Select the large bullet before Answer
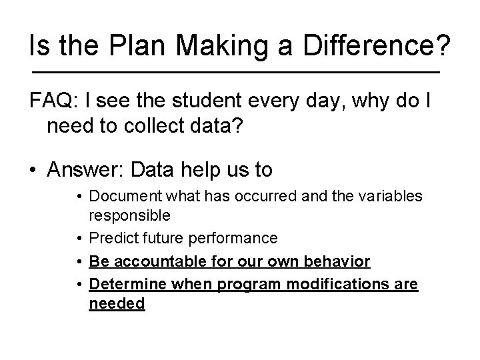pos(35,171)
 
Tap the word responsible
pos(129,215)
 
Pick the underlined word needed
pos(117,303)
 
